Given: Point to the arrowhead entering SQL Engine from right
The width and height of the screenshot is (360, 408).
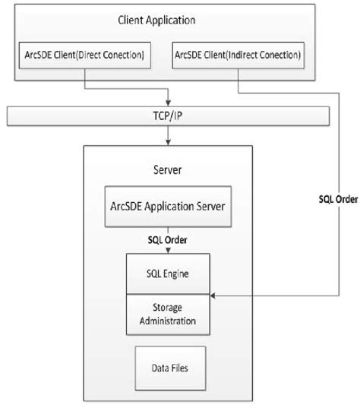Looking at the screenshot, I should click(215, 293).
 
